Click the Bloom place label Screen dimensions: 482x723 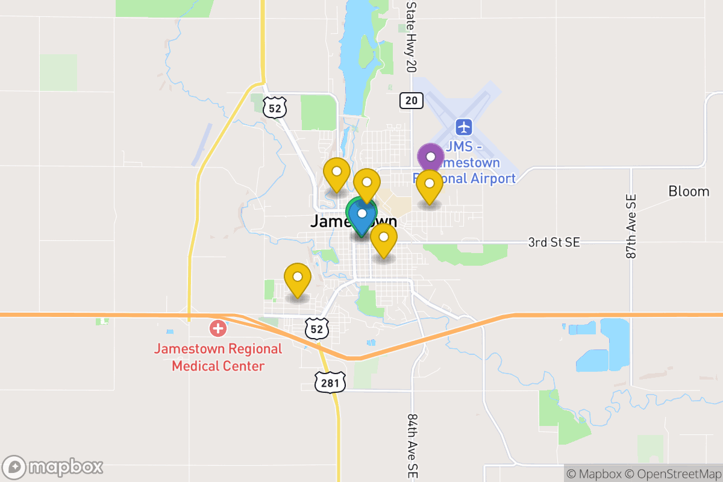pyautogui.click(x=689, y=192)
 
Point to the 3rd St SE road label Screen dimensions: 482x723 pyautogui.click(x=554, y=242)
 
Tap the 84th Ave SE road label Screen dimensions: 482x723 pyautogui.click(x=412, y=446)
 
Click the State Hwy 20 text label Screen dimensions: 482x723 pyautogui.click(x=411, y=36)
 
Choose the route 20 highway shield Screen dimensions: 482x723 pyautogui.click(x=411, y=101)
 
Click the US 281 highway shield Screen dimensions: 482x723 pyautogui.click(x=330, y=382)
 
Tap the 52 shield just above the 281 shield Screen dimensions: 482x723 pyautogui.click(x=317, y=329)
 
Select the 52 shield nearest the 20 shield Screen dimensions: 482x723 pyautogui.click(x=275, y=108)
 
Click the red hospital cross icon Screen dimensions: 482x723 pyautogui.click(x=218, y=329)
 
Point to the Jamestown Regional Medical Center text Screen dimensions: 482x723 pyautogui.click(x=218, y=357)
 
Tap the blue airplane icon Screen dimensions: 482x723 pyautogui.click(x=463, y=127)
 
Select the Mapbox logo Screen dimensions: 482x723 pyautogui.click(x=53, y=467)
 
